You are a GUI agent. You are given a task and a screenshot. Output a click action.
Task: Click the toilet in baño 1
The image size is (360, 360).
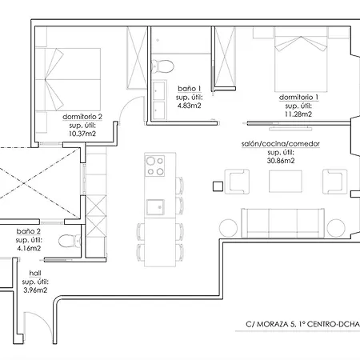click(x=162, y=66)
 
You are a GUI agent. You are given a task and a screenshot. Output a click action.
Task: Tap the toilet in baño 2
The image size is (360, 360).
click(x=70, y=241)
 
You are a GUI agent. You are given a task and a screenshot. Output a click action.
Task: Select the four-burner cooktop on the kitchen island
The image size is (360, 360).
click(x=154, y=166)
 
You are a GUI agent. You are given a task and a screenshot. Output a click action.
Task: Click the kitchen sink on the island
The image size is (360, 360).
click(x=155, y=207)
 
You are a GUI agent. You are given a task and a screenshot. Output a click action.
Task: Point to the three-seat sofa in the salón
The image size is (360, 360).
click(x=282, y=223)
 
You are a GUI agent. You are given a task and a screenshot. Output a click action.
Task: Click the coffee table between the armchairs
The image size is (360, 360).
click(x=286, y=182)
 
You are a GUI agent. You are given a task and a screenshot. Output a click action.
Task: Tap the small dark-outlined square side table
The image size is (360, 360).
click(x=218, y=186)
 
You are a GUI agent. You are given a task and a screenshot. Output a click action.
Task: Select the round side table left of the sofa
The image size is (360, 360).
click(x=228, y=228)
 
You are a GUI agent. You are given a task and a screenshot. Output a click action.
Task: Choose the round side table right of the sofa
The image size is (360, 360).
click(x=336, y=228)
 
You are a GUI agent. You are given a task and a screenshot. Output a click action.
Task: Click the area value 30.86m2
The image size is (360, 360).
click(x=281, y=161)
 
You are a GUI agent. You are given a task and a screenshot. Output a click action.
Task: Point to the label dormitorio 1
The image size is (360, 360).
click(x=298, y=98)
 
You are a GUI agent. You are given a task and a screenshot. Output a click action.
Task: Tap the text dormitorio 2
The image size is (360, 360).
click(x=82, y=117)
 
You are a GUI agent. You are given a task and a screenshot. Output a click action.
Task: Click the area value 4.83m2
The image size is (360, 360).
click(x=190, y=106)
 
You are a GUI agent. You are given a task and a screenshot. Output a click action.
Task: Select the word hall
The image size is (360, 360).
click(x=35, y=273)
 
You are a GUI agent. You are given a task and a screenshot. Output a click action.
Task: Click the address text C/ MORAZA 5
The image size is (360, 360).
click(x=271, y=324)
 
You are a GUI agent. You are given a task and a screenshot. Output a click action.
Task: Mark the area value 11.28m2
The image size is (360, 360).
click(x=298, y=114)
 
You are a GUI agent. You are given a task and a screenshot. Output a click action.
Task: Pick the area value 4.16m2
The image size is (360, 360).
click(x=29, y=248)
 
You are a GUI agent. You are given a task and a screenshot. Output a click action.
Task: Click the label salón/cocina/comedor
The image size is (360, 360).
click(x=281, y=144)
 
